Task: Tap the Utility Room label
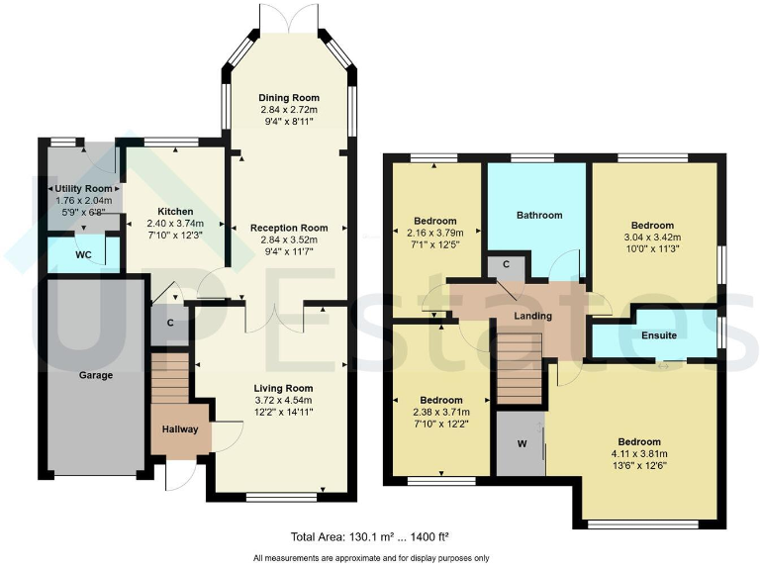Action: pyautogui.click(x=85, y=186)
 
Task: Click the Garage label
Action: pyautogui.click(x=96, y=375)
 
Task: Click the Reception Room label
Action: pyautogui.click(x=287, y=228)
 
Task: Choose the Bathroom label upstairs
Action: pyautogui.click(x=539, y=215)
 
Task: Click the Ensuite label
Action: pyautogui.click(x=657, y=335)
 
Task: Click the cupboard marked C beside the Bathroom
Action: pyautogui.click(x=507, y=264)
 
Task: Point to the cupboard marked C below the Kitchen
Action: pyautogui.click(x=170, y=324)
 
